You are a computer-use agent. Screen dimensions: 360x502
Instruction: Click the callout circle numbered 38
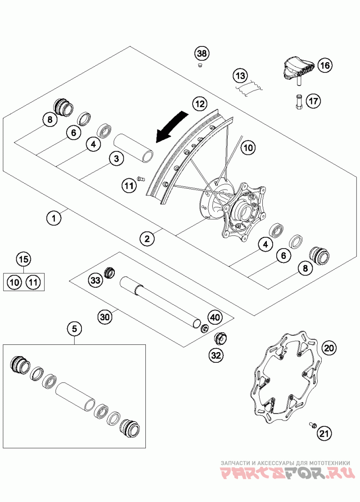pos(202,54)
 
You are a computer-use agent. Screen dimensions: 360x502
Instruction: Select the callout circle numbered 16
pos(325,65)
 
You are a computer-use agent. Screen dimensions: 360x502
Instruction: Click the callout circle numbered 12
pos(200,104)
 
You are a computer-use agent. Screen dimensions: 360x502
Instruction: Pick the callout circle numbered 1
pos(54,218)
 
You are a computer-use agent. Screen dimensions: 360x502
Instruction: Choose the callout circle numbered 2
pos(147,238)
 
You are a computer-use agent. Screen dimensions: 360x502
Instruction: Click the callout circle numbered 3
pos(117,158)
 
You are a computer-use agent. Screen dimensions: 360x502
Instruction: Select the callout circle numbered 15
pos(24,259)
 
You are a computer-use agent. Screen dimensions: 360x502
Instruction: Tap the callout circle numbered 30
pos(105,317)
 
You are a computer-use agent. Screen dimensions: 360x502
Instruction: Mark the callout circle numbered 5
pos(75,329)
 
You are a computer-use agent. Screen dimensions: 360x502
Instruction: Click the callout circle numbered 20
pos(329,348)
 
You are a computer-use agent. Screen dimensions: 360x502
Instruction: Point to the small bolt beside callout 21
pos(313,425)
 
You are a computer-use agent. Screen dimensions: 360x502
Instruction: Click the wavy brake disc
pos(283,379)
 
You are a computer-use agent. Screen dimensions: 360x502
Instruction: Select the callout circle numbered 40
pos(215,317)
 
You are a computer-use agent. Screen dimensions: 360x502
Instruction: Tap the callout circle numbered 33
pos(95,280)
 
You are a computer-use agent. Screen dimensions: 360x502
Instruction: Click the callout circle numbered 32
pos(217,355)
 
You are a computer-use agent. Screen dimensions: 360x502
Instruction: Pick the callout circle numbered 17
pos(313,101)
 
